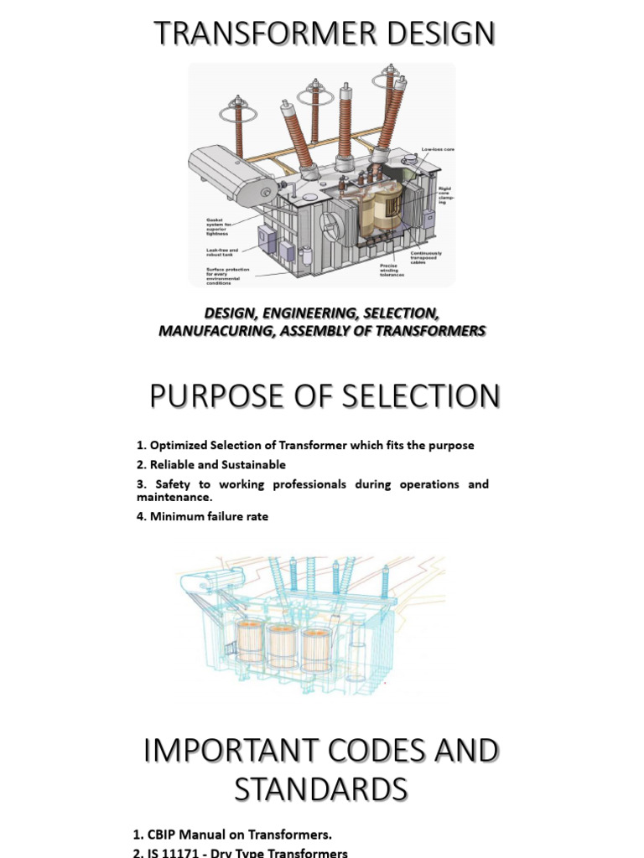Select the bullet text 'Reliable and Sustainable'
point(217,464)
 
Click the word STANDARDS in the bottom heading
point(322,789)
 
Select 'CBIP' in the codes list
point(164,835)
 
